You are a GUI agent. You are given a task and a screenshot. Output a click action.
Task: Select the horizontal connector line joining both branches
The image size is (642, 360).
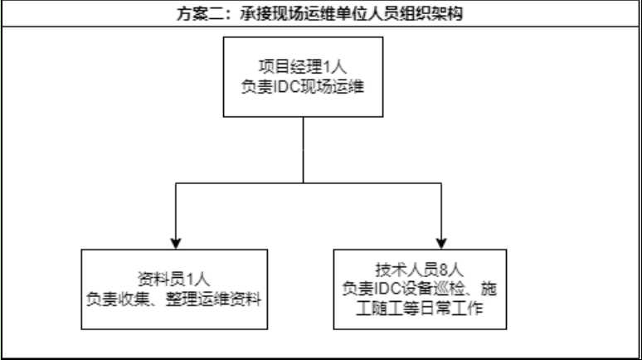click(x=373, y=182)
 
